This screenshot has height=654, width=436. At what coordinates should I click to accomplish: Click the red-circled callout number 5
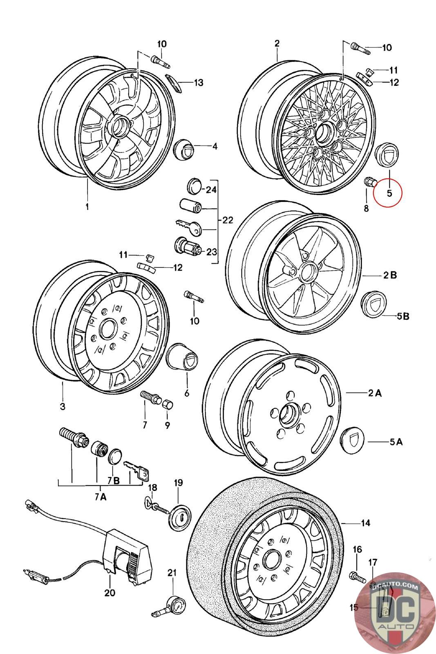(389, 193)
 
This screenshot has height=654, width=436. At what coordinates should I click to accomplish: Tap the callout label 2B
(390, 275)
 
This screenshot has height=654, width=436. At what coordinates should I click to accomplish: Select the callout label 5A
(396, 442)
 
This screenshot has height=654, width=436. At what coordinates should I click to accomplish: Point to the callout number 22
(228, 220)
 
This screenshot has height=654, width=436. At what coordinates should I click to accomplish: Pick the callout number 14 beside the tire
(365, 523)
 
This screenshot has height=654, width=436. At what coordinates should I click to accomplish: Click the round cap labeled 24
(194, 186)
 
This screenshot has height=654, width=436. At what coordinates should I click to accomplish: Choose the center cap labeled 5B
(374, 305)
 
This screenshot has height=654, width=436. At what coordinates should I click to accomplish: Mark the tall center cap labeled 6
(182, 357)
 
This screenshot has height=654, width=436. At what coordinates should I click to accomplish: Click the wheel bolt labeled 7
(150, 397)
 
